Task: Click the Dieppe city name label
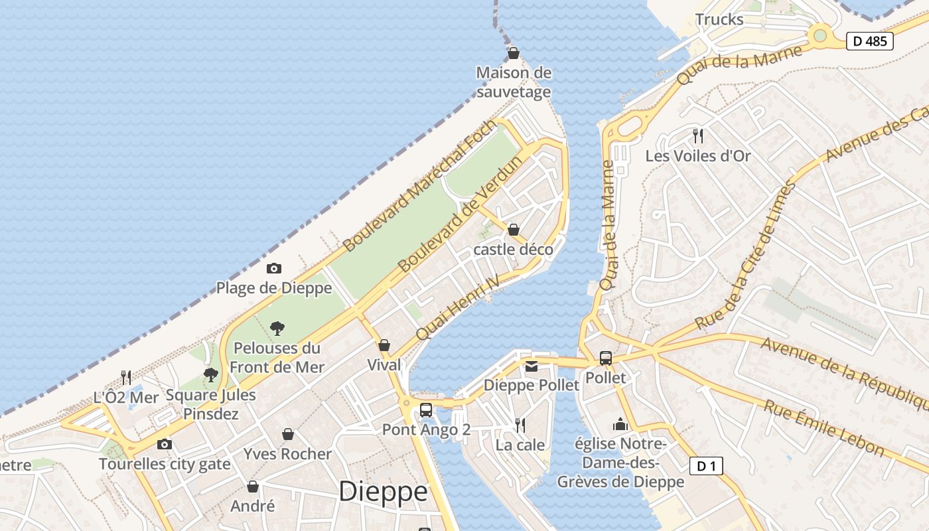(383, 492)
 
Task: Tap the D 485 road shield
(869, 41)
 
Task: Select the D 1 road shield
(706, 466)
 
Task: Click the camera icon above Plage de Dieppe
(274, 268)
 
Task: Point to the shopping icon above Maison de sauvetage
(513, 53)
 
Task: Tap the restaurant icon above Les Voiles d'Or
(697, 136)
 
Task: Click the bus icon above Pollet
(605, 358)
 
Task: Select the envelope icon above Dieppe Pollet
(532, 366)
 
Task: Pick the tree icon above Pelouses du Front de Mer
(277, 328)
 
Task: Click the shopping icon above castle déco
(513, 230)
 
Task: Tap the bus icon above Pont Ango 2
(426, 410)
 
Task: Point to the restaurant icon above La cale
(520, 425)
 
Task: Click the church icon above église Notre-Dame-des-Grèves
(620, 424)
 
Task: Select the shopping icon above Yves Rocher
(287, 434)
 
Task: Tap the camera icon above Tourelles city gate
(165, 444)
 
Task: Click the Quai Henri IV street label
(457, 307)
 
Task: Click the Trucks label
(719, 19)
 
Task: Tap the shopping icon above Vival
(384, 345)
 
